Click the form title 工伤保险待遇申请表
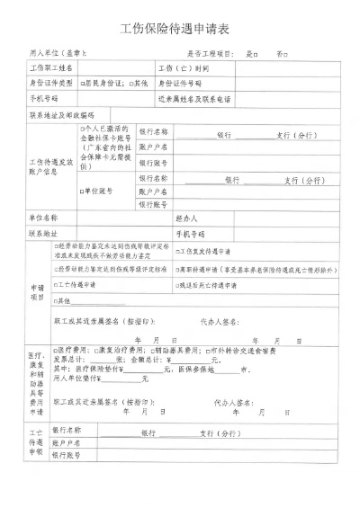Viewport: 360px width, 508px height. (x=179, y=29)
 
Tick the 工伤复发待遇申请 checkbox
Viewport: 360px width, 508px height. (x=178, y=251)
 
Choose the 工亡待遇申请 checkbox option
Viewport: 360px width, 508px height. (x=57, y=284)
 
